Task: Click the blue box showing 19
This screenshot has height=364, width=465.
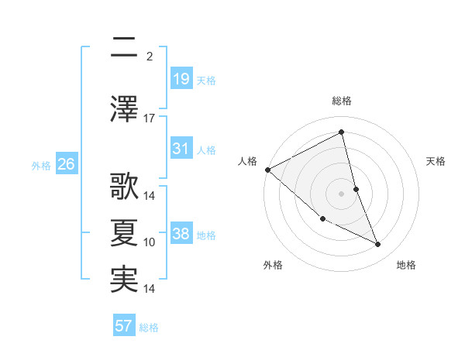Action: [x=181, y=79]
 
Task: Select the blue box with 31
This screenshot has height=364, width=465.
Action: [x=181, y=149]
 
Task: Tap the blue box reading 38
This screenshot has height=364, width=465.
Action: [x=181, y=234]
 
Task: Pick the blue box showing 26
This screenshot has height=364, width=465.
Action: [x=66, y=164]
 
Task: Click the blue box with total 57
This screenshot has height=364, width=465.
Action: [x=124, y=326]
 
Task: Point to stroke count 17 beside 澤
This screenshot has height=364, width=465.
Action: [x=150, y=118]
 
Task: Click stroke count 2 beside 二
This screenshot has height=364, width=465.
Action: [x=150, y=57]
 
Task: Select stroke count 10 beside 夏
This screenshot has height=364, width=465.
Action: [x=150, y=242]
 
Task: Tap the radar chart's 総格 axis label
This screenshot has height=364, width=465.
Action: [x=342, y=101]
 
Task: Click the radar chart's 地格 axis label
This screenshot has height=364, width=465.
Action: [x=406, y=265]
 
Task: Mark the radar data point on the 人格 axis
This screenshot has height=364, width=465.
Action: [x=267, y=170]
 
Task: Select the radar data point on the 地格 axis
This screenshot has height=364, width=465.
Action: [x=378, y=245]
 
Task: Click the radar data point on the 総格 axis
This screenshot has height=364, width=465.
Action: [x=342, y=132]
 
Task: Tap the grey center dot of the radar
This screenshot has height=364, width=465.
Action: [x=342, y=193]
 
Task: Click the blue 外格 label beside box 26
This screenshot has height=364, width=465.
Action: [x=41, y=165]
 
